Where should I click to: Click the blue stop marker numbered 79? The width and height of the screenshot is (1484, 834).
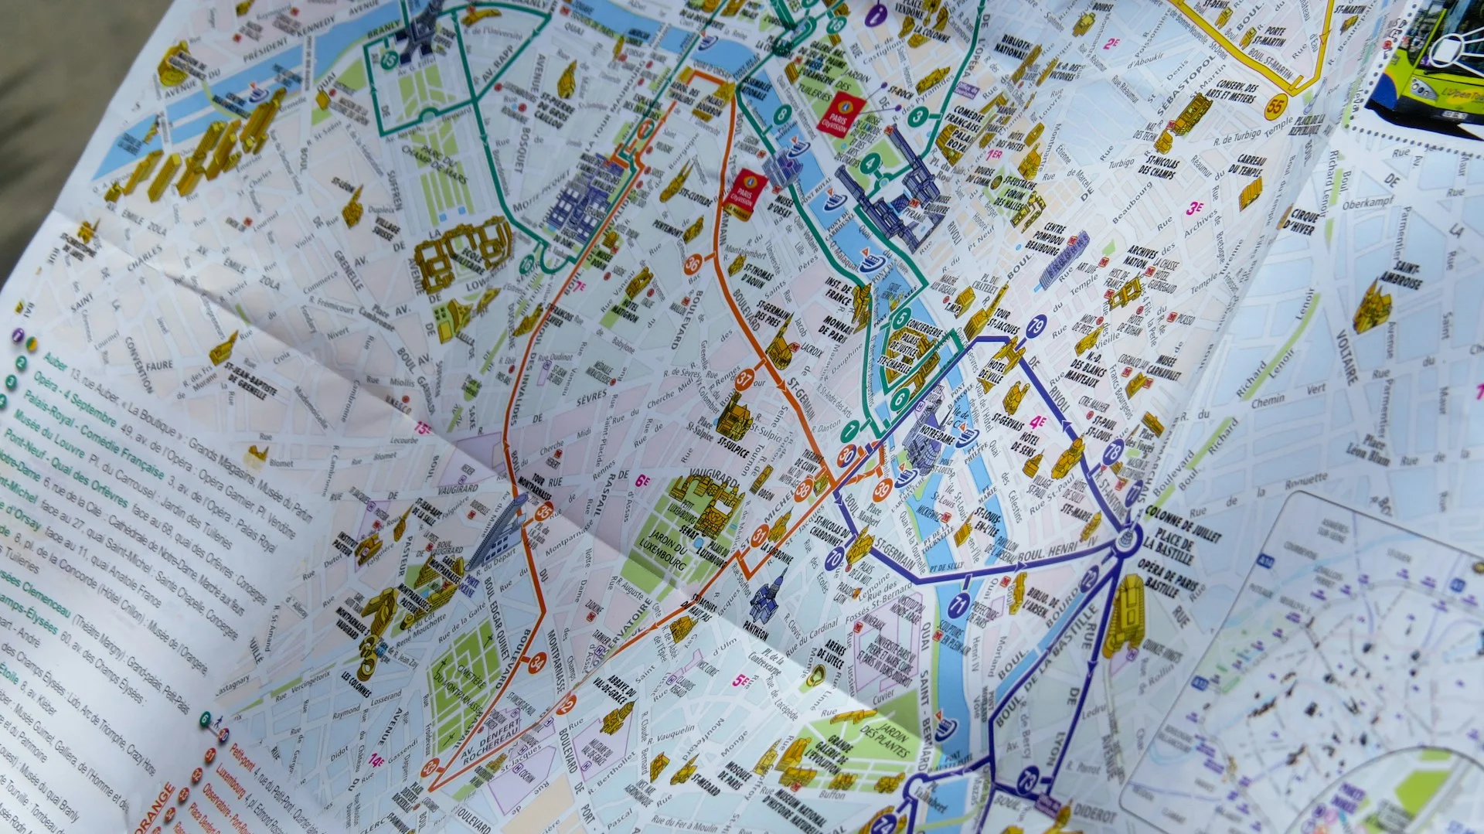pos(1036,325)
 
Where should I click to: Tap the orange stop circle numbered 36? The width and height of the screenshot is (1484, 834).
pos(693,264)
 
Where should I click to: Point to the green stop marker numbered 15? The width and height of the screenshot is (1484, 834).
pos(389,59)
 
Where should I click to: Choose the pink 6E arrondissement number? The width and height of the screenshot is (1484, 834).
pos(642,481)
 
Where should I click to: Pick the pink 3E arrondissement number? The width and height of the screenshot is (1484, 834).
pos(1194,208)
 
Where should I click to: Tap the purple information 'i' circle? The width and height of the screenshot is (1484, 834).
pos(875,14)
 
